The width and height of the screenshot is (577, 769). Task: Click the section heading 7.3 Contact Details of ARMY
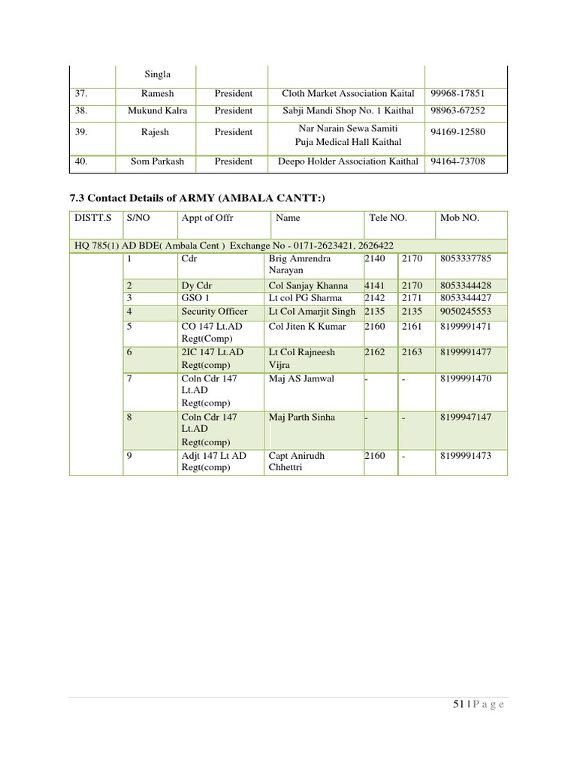click(198, 198)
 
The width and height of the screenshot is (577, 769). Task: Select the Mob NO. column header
click(459, 218)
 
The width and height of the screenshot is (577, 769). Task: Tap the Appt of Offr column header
click(207, 218)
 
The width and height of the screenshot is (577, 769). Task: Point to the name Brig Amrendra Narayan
click(299, 264)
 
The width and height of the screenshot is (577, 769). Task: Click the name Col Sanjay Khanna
click(308, 286)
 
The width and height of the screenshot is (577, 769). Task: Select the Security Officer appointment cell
click(214, 312)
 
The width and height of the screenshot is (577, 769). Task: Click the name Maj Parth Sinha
click(301, 418)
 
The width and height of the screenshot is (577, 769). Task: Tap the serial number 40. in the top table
click(83, 161)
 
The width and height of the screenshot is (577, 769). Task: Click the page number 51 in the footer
click(458, 704)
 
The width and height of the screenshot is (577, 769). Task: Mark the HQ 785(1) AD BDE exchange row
click(233, 246)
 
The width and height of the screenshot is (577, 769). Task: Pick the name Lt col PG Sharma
click(305, 299)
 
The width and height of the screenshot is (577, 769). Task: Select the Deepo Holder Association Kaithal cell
click(348, 161)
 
